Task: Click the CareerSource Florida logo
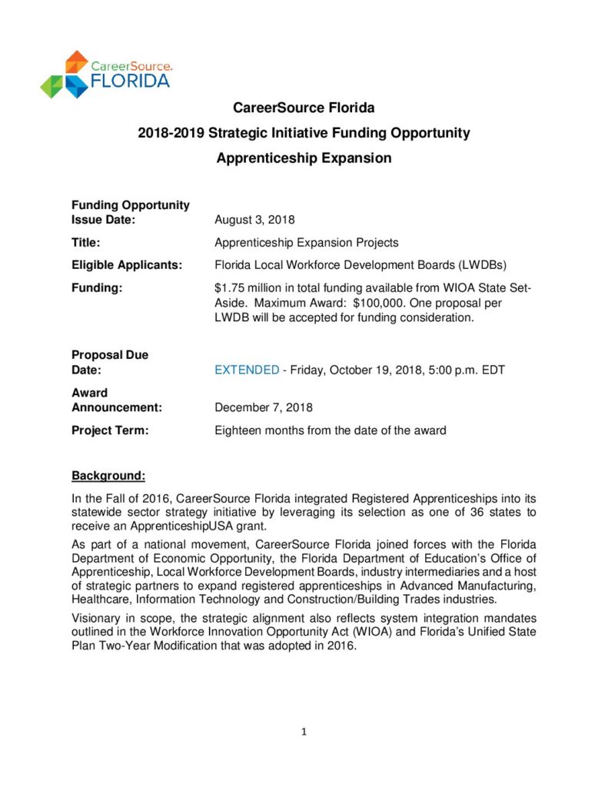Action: coord(105,74)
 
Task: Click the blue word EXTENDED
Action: coord(247,370)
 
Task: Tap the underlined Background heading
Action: coord(108,475)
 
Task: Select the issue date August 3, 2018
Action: coord(254,221)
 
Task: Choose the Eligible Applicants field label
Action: coord(127,265)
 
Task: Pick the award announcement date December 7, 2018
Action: coord(264,407)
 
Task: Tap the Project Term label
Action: coord(110,430)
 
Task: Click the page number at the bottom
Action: coord(304,732)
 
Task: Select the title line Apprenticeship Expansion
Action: coord(304,158)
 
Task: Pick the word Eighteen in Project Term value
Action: coord(238,430)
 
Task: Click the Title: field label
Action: coord(87,243)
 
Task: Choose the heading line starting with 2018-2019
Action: coord(304,133)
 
